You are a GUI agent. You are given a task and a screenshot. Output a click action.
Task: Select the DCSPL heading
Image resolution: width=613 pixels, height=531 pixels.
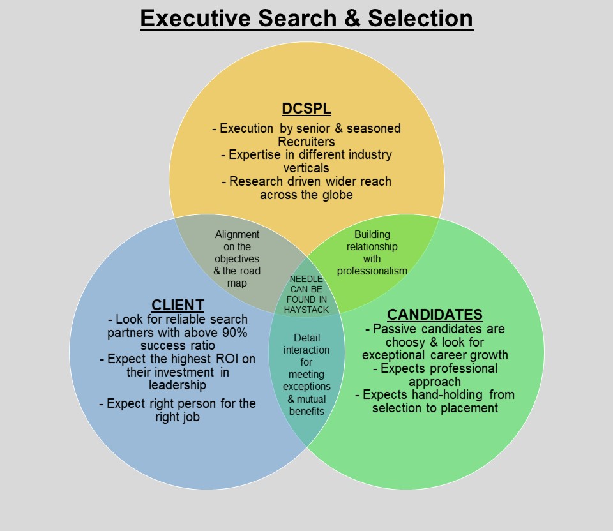[306, 108]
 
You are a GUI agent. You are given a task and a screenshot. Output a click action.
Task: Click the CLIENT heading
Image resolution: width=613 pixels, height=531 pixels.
[178, 305]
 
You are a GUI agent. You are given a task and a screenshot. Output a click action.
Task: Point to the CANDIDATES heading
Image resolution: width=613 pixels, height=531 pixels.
[435, 315]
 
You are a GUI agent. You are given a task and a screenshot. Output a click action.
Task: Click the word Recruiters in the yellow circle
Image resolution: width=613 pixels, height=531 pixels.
[306, 142]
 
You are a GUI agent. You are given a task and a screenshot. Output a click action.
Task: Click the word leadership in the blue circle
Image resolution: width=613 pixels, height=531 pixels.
[178, 385]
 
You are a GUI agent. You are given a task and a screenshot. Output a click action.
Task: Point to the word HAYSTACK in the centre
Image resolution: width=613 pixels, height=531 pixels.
[306, 310]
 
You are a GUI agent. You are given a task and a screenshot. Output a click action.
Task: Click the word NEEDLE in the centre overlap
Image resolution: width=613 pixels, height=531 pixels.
[306, 279]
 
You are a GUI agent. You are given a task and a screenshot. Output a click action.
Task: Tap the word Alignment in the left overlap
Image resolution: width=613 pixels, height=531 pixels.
[238, 234]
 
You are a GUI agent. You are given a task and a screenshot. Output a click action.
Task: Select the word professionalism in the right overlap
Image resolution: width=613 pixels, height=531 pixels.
[372, 271]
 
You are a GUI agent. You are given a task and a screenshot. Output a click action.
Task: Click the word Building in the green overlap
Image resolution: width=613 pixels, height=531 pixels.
[372, 234]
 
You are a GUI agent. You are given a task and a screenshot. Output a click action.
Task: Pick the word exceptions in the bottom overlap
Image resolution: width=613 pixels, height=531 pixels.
[306, 386]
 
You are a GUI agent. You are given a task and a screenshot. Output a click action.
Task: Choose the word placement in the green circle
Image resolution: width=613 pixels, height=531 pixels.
[469, 408]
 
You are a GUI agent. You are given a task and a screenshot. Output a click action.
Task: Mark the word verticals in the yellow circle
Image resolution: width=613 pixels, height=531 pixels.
[306, 168]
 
